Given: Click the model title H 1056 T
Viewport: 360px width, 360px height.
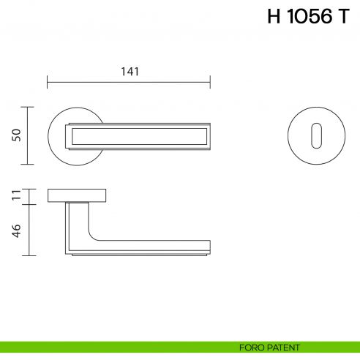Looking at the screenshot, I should [308, 18].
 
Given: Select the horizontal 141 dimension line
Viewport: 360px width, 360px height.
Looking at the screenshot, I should [129, 80].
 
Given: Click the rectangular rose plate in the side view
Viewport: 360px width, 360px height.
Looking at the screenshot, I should [77, 195].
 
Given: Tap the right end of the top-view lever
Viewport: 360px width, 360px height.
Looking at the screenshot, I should [209, 135].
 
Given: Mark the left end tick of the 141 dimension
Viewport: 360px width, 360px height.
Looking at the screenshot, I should [48, 80].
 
